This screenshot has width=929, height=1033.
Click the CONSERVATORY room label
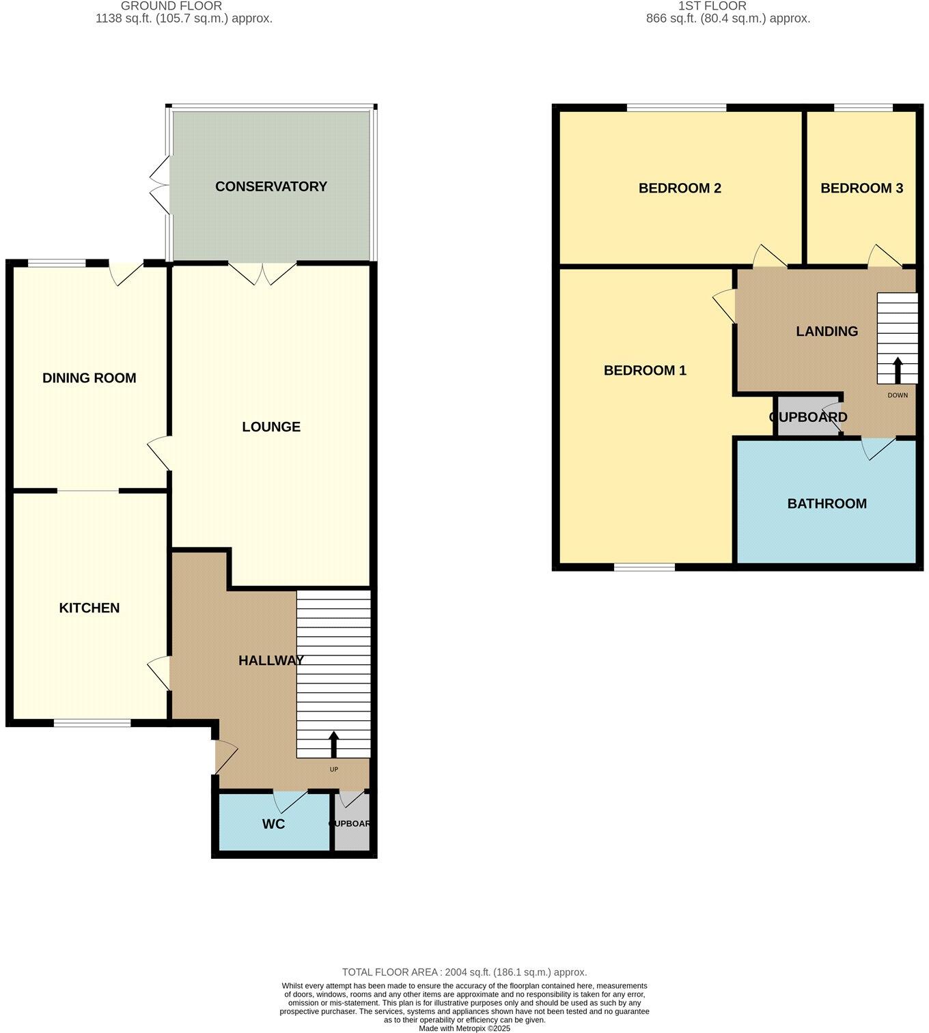pos(271,186)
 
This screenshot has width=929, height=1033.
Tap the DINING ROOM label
pos(89,378)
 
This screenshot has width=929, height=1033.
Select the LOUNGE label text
pos(271,427)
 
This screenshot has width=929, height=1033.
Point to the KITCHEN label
pos(89,608)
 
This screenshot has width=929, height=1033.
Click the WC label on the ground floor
pos(273,824)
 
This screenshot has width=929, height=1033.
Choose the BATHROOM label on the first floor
pos(827,504)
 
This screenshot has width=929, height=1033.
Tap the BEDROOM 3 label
pos(861,188)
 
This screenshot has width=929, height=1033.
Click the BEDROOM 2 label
pos(680,188)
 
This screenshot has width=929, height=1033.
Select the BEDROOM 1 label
pos(645,371)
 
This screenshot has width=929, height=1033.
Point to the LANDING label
pos(827,331)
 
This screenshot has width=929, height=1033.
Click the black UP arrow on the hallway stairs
pos(334,745)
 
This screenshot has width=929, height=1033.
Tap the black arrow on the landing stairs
pos(897,370)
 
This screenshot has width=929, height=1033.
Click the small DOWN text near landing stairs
pos(898,395)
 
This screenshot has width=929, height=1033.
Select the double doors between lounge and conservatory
pos(262,273)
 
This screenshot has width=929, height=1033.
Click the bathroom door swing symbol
pos(878,449)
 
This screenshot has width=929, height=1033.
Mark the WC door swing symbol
pos(290,800)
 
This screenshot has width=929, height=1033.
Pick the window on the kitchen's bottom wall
pos(92,723)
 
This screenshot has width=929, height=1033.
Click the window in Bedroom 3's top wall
pos(863,108)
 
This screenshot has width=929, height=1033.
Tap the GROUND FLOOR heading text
pos(171,6)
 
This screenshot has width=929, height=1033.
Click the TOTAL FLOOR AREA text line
pos(464,972)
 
